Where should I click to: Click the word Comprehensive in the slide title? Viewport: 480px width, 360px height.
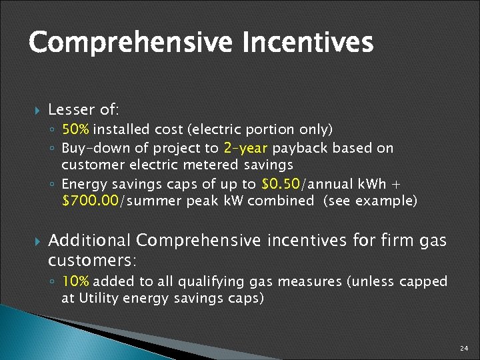coord(130,43)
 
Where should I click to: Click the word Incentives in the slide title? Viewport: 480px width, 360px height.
coord(307,43)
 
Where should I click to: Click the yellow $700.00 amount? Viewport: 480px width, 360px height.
coord(89,201)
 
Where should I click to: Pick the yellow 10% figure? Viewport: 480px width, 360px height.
coord(77,281)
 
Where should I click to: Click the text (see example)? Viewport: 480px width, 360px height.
coord(370,201)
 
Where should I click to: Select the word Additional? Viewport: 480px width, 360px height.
coord(91,240)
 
